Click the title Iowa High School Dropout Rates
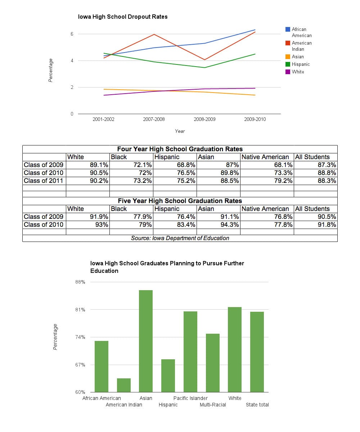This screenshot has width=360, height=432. [x=123, y=17]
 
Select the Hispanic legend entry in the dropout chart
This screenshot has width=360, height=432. [x=297, y=64]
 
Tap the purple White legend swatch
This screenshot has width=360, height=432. [x=288, y=72]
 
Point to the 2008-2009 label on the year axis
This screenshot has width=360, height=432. [x=204, y=120]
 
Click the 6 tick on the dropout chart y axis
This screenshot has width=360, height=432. [x=72, y=34]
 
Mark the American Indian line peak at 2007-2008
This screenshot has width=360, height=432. [x=154, y=34]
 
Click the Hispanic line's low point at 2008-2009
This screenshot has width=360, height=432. [x=204, y=68]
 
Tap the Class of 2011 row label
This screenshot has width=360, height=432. [x=44, y=181]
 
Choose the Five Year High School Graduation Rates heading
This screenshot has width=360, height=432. [x=180, y=201]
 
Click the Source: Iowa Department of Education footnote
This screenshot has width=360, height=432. [x=180, y=238]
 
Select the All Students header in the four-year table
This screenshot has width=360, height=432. [x=312, y=157]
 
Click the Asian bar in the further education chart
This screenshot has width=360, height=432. [x=146, y=341]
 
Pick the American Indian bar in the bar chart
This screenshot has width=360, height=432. [x=124, y=385]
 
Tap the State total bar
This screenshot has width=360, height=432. [x=257, y=352]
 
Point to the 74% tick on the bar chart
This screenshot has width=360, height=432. [x=80, y=337]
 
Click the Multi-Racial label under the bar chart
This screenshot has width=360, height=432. [x=213, y=405]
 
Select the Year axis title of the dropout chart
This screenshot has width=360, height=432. [x=180, y=131]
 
